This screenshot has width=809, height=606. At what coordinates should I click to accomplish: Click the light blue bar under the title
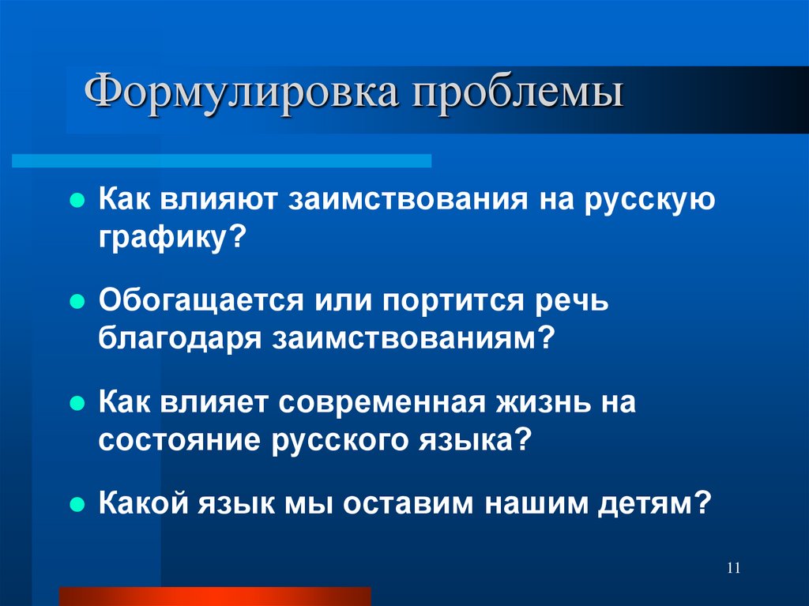pos(222,161)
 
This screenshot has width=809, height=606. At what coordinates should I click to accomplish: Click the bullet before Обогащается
pos(77,302)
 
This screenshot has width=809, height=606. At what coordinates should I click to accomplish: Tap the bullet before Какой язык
pos(77,503)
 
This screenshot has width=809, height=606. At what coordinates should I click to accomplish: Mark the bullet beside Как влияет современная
pos(77,403)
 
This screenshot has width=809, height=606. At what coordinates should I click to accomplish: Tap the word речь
pos(569,302)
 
